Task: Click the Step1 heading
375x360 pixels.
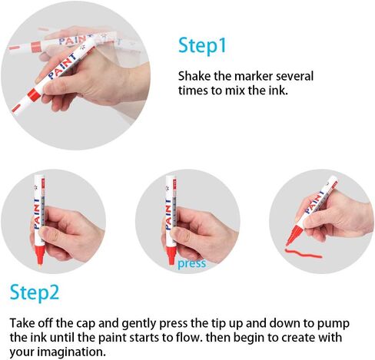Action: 202,45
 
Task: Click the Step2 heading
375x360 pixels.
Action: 35,293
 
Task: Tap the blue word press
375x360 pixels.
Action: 192,264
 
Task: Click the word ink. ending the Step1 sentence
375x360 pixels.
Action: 278,91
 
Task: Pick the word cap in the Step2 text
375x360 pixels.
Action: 86,324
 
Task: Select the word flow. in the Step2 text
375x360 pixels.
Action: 188,337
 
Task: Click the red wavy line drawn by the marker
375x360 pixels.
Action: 304,253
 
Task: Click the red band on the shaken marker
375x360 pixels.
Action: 34,94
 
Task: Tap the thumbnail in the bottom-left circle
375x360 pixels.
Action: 45,232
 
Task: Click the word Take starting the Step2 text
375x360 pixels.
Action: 22,323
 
